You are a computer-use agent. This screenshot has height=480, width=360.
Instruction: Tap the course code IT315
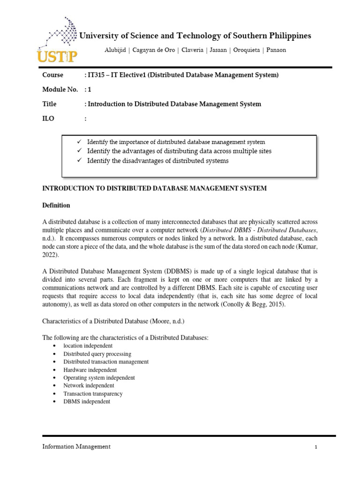point(95,75)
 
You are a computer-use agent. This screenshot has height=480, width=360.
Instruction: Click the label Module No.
point(60,90)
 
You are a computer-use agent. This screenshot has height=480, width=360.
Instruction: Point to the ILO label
point(48,119)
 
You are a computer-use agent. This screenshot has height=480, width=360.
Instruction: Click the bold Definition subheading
point(56,205)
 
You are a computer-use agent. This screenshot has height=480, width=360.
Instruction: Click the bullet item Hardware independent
point(90,370)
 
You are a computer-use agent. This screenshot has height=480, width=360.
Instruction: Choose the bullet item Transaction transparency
point(93,394)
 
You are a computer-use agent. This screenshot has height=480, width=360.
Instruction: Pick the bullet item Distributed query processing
point(97,354)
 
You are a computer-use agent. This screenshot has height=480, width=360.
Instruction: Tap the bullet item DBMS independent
point(87,402)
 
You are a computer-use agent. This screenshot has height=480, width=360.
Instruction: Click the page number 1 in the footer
point(316,447)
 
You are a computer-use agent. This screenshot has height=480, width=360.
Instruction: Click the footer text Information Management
point(76,447)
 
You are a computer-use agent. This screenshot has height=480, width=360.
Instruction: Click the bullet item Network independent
point(89,386)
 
